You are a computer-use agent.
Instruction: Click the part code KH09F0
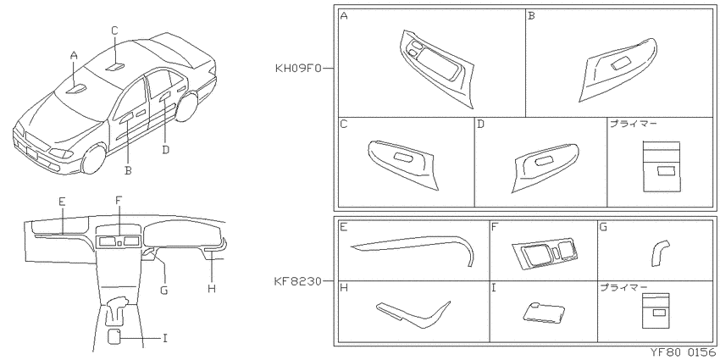[x=298, y=69]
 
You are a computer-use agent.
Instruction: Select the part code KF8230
[x=298, y=281]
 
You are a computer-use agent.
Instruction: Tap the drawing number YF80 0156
[x=683, y=352]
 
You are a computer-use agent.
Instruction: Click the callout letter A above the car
[x=74, y=56]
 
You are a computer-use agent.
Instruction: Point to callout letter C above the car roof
[x=115, y=30]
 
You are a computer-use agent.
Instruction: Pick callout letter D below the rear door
[x=166, y=150]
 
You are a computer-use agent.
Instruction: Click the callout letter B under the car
[x=128, y=171]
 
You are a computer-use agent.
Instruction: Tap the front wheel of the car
[x=94, y=159]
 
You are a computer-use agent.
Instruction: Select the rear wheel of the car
[x=186, y=108]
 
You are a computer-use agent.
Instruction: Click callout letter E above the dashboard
[x=62, y=201]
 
